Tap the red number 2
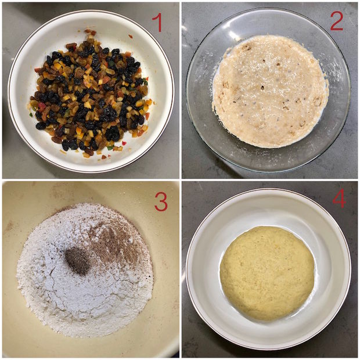click(x=336, y=21)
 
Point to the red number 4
click(x=339, y=198)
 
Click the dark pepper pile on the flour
click(x=77, y=261)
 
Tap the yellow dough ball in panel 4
click(x=267, y=273)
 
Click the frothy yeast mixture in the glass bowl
click(x=271, y=91)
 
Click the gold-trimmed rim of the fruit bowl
click(x=10, y=92)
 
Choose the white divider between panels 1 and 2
click(x=181, y=90)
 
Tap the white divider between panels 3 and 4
click(x=181, y=269)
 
